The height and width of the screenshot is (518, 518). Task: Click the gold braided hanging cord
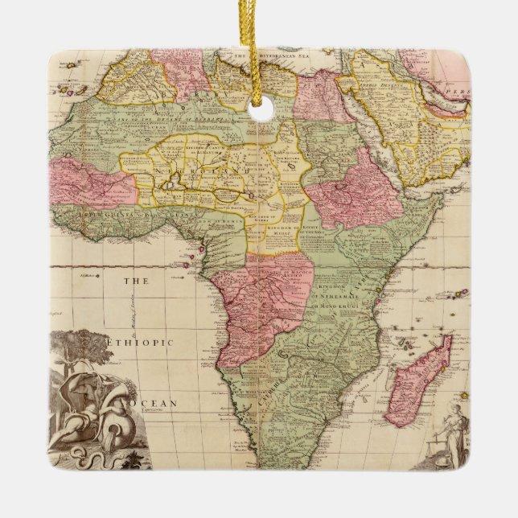[x=260, y=48]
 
